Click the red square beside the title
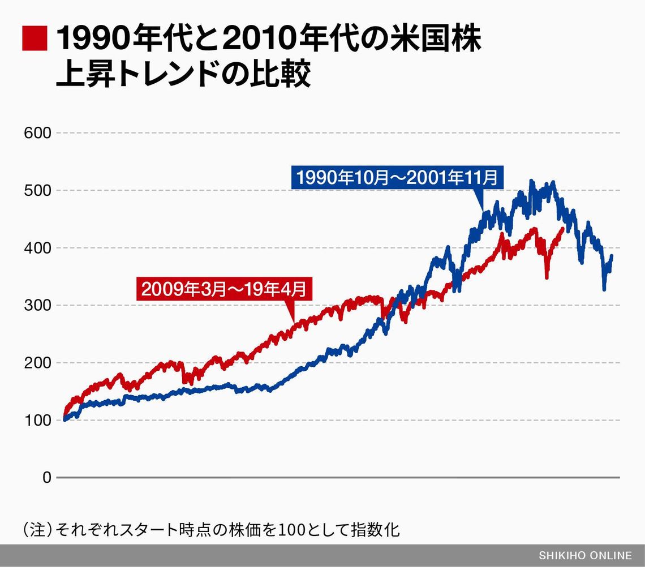point(35,38)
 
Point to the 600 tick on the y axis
point(37,133)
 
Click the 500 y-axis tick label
point(37,191)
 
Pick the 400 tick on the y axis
point(37,248)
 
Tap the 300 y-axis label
point(37,306)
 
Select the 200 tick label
point(37,363)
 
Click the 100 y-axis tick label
point(37,421)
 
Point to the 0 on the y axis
point(46,478)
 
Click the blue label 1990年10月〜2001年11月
point(397,178)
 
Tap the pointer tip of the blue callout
point(483,211)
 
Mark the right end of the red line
point(562,228)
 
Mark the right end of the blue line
point(612,256)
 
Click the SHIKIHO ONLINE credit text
point(584,556)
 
